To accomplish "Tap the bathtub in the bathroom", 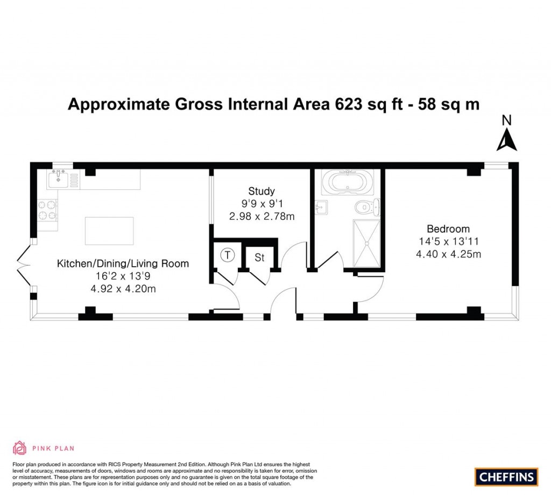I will point(347,182).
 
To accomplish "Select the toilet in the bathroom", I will point(369,206).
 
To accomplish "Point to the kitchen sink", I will point(56,179).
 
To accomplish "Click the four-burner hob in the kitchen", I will point(47,210).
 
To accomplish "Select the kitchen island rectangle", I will point(109,231).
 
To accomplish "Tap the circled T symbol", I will point(229,255).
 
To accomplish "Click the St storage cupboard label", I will point(260,258).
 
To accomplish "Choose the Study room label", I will point(262,191).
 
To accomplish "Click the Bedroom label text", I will point(448,229).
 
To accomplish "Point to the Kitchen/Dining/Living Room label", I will point(123,263).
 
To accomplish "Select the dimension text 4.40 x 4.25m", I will point(448,254).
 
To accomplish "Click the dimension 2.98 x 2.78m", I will point(262,216).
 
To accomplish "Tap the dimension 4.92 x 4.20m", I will point(123,289).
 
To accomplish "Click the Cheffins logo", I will point(506,476).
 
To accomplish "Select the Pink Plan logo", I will point(43,447).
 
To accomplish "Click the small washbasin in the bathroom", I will point(321,206).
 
